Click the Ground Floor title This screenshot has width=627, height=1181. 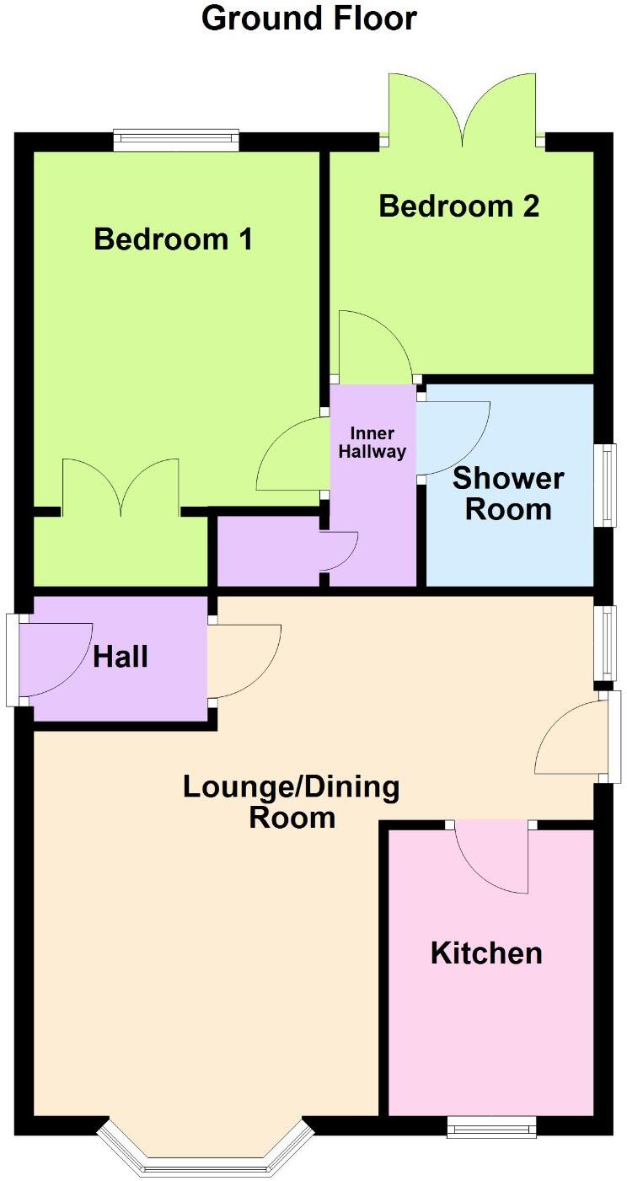click(x=309, y=19)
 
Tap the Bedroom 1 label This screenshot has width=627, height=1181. click(x=173, y=239)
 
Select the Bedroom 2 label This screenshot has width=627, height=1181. click(x=458, y=206)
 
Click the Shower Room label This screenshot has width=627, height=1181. click(x=508, y=494)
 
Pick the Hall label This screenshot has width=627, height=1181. click(x=121, y=657)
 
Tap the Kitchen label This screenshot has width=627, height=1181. click(x=486, y=953)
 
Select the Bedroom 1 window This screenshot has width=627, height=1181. click(x=176, y=140)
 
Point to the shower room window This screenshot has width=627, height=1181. click(x=604, y=486)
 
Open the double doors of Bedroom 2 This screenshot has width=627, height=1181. click(x=462, y=110)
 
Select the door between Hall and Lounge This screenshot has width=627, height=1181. click(x=243, y=659)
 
